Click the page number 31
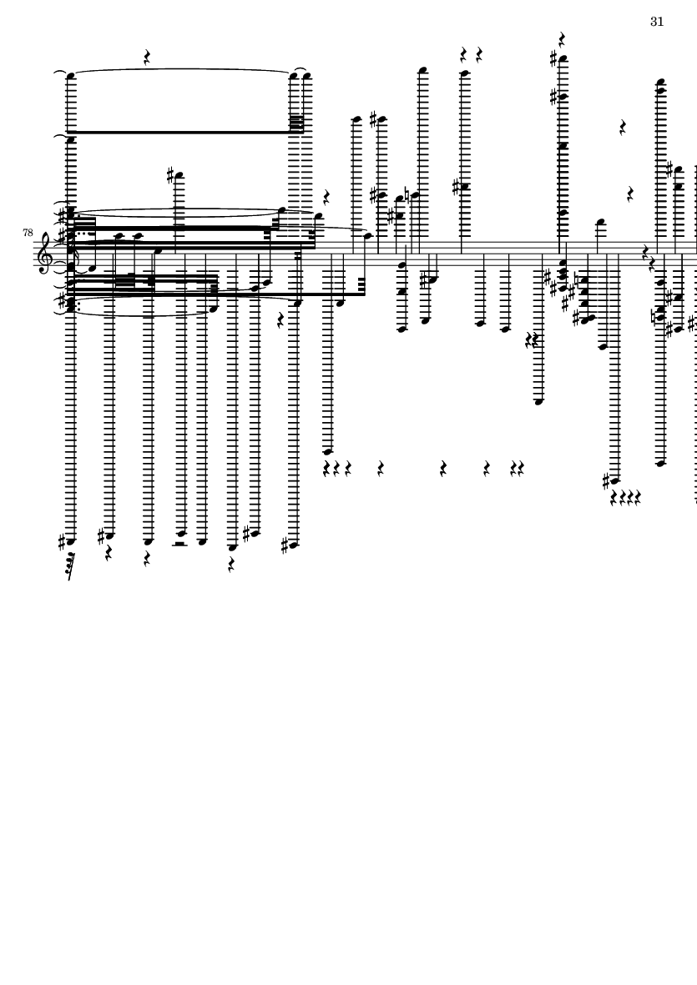657,22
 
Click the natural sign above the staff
407,196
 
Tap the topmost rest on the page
563,39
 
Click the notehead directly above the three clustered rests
328,451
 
